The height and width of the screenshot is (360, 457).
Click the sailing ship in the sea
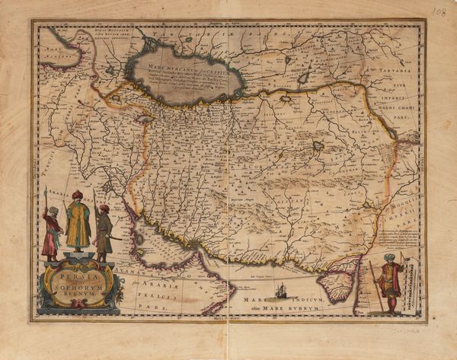[281, 290]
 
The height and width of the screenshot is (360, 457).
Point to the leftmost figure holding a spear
[51, 232]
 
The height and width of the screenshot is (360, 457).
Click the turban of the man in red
[391, 258]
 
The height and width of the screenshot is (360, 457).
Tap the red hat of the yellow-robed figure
[77, 194]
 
